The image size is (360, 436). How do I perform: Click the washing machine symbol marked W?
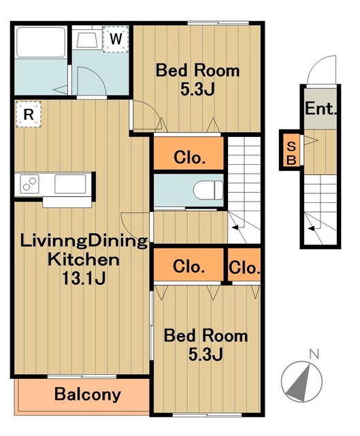[x=116, y=39]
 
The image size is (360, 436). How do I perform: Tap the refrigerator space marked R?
[x=29, y=114]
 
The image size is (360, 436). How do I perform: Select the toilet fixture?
[x=208, y=190]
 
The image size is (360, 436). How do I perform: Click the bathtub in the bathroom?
[x=41, y=42]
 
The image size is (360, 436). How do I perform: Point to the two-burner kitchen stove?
[x=29, y=184]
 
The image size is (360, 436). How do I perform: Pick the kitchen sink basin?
[x=70, y=183]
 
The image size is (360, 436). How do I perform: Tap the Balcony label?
[x=88, y=394]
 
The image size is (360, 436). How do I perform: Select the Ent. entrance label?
[x=321, y=108]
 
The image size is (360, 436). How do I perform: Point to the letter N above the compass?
[x=314, y=354]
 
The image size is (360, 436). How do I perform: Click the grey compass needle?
[x=299, y=384]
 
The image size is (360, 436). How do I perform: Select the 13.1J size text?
[x=84, y=278]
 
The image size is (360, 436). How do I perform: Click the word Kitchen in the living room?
[x=84, y=259]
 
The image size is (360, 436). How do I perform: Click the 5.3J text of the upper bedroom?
[x=197, y=89]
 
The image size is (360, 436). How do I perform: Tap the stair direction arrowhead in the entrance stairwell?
[x=312, y=229]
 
